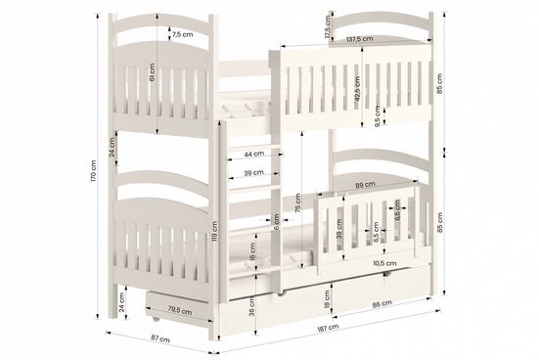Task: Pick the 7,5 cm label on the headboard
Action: pyautogui.click(x=181, y=34)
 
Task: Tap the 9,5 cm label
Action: pyautogui.click(x=378, y=116)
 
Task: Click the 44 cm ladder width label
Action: pyautogui.click(x=252, y=155)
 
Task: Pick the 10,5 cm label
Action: pyautogui.click(x=384, y=262)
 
